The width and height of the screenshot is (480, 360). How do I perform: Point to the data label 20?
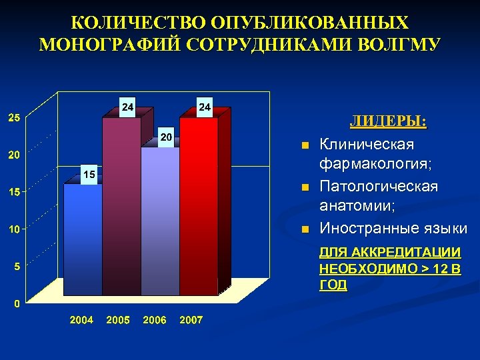(x=167, y=137)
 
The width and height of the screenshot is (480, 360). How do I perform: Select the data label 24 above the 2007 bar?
(x=205, y=107)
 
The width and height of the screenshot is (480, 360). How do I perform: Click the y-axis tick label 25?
(x=13, y=118)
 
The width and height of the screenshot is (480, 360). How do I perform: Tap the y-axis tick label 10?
(x=13, y=229)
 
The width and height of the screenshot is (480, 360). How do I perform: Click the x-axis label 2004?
(x=82, y=320)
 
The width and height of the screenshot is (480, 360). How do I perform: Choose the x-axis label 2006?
(x=155, y=320)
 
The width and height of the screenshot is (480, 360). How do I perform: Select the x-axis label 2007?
(x=191, y=320)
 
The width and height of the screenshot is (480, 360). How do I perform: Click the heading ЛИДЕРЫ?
(x=389, y=122)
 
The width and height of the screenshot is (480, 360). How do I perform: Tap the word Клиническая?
(x=366, y=144)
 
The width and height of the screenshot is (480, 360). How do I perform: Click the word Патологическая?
(x=379, y=186)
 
